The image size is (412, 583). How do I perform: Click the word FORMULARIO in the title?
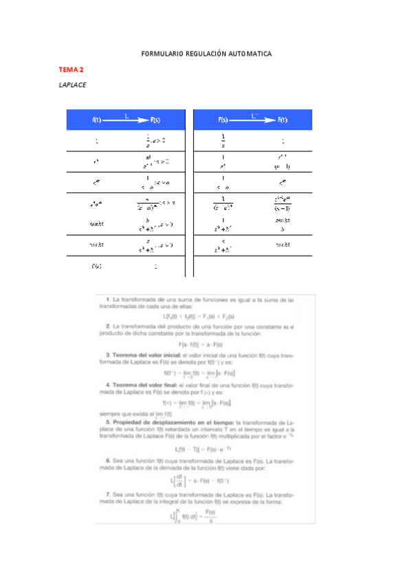point(162,53)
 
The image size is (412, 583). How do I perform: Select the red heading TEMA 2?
point(71,70)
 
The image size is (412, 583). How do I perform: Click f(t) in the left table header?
point(97,120)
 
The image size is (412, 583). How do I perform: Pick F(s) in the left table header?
point(155,120)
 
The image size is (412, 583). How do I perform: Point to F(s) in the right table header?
point(223,120)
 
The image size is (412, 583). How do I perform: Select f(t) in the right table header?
point(283,120)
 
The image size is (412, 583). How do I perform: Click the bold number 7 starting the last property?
point(109,495)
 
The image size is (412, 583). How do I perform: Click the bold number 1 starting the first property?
point(109,299)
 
